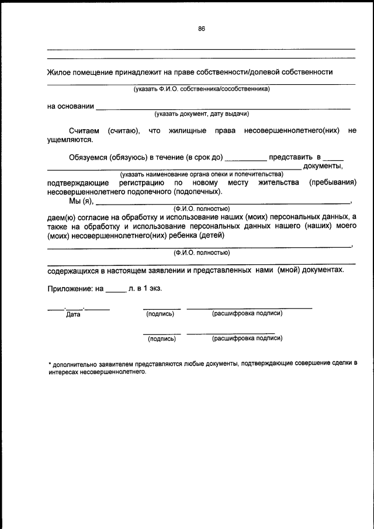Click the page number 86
point(201,29)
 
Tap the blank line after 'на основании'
point(222,108)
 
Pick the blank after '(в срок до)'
point(245,159)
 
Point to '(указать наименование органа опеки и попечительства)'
point(202,174)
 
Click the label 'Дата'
point(73,314)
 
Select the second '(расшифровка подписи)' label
point(247,338)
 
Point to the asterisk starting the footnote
point(49,363)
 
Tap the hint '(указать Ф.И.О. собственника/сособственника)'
point(202,89)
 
